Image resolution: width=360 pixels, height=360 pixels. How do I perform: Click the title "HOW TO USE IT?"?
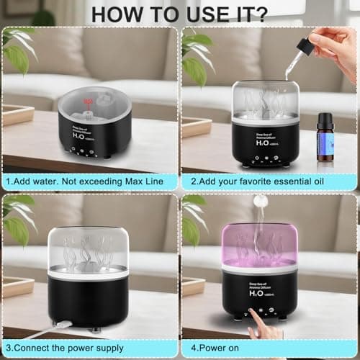pyautogui.click(x=179, y=12)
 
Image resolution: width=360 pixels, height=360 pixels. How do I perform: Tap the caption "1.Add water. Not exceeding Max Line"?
pyautogui.click(x=89, y=181)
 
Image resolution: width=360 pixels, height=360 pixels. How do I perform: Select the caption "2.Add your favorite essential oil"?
pyautogui.click(x=268, y=181)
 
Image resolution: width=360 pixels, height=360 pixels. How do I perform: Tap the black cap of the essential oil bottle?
pyautogui.click(x=326, y=119)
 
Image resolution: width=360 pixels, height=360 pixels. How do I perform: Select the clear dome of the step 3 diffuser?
pyautogui.click(x=88, y=248)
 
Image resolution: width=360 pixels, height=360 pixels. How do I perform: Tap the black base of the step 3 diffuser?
pyautogui.click(x=88, y=302)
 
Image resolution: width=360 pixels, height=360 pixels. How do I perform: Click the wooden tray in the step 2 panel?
pyautogui.click(x=196, y=126)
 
